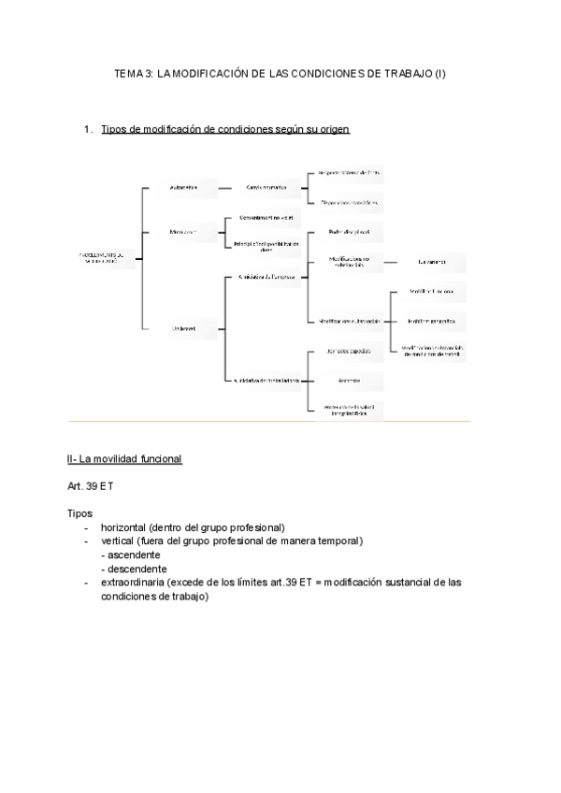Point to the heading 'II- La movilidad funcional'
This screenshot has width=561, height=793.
point(124,459)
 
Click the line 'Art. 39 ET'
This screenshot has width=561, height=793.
point(92,486)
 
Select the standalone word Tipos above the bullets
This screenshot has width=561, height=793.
point(80,513)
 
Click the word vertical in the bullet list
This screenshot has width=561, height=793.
point(122,541)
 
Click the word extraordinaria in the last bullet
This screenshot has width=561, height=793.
point(138,582)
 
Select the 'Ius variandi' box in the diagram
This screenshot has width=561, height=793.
point(431,263)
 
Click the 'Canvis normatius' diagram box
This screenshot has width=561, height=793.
point(266,188)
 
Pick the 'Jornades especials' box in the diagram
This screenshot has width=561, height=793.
point(345,353)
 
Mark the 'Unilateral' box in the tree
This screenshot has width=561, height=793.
point(183,328)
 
